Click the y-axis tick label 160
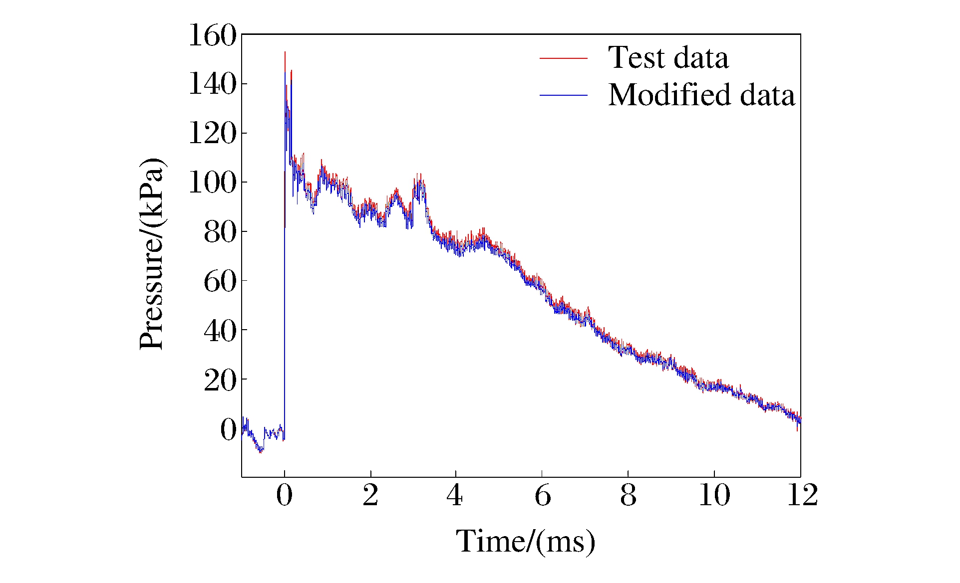pyautogui.click(x=212, y=36)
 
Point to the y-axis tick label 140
pyautogui.click(x=212, y=84)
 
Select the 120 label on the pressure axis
pyautogui.click(x=212, y=133)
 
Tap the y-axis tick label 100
pyautogui.click(x=212, y=183)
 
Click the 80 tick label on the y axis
pyautogui.click(x=220, y=232)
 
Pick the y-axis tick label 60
pyautogui.click(x=220, y=281)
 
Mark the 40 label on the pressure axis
pyautogui.click(x=220, y=330)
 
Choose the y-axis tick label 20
pyautogui.click(x=220, y=380)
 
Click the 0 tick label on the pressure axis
pyautogui.click(x=228, y=429)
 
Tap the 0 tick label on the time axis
pyautogui.click(x=285, y=496)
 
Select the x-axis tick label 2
pyautogui.click(x=370, y=496)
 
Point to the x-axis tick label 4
pyautogui.click(x=455, y=496)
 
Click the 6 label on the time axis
pyautogui.click(x=543, y=496)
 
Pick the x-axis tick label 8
pyautogui.click(x=628, y=496)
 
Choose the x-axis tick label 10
pyautogui.click(x=714, y=496)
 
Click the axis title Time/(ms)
pyautogui.click(x=526, y=542)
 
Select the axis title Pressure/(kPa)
pyautogui.click(x=152, y=254)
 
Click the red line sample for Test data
pyautogui.click(x=564, y=58)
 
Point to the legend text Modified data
pyautogui.click(x=701, y=95)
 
